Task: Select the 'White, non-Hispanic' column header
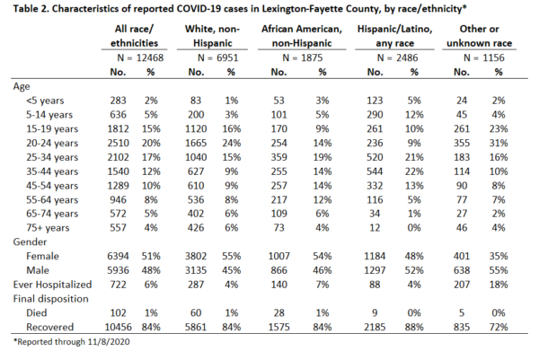212,36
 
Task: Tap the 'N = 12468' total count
140,57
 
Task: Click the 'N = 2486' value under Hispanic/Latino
397,57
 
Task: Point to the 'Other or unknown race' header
479,36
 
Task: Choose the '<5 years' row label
45,101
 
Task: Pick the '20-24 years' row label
52,144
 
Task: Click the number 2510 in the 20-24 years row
118,143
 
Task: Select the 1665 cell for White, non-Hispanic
196,143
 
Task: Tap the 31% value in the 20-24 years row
499,143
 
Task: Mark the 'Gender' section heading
30,241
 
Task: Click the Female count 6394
118,256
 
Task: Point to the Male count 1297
375,270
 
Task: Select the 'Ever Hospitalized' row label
52,285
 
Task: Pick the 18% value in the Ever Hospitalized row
499,285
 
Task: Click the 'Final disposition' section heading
50,299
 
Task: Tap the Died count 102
118,313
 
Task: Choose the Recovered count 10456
118,327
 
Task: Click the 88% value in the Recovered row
414,327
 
